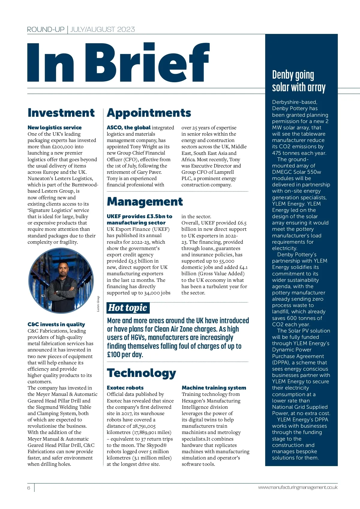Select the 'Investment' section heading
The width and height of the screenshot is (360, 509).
pyautogui.click(x=61, y=113)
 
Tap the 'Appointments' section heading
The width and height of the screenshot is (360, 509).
pyautogui.click(x=149, y=113)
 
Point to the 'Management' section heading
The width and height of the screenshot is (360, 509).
pyautogui.click(x=145, y=202)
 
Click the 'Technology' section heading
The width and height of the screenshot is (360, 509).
pyautogui.click(x=141, y=373)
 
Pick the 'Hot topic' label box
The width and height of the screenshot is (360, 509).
pyautogui.click(x=128, y=308)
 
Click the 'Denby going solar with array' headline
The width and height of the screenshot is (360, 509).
pyautogui.click(x=298, y=81)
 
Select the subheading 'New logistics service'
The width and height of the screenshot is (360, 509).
pyautogui.click(x=55, y=128)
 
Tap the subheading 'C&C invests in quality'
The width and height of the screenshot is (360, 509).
pyautogui.click(x=56, y=324)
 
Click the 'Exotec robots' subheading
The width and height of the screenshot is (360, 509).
pyautogui.click(x=125, y=388)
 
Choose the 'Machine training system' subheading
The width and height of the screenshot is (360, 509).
pyautogui.click(x=214, y=388)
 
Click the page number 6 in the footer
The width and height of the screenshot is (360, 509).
pyautogui.click(x=29, y=488)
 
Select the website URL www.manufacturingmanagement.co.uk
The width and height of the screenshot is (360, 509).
pyautogui.click(x=298, y=487)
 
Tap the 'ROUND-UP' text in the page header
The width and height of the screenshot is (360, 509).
pyautogui.click(x=46, y=29)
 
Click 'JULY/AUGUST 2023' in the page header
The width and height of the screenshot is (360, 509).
pyautogui.click(x=103, y=29)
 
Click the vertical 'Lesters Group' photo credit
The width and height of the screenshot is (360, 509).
pyautogui.click(x=98, y=304)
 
